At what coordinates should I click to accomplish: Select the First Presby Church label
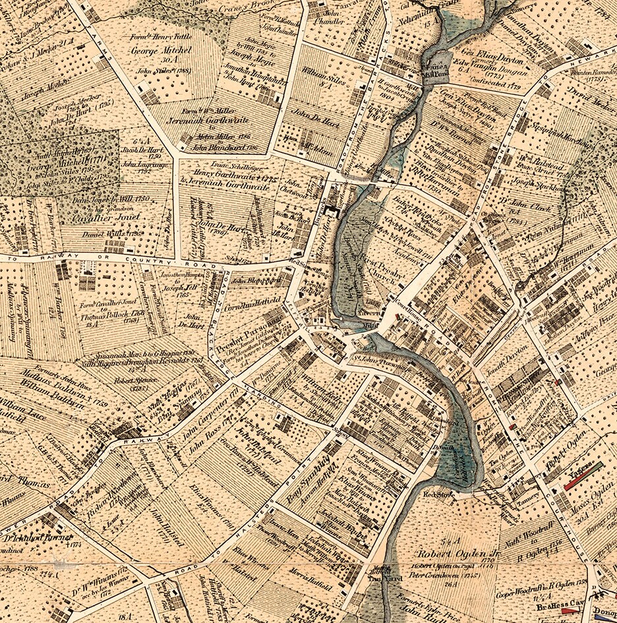[376, 274]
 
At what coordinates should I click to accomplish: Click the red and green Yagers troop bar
[583, 476]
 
